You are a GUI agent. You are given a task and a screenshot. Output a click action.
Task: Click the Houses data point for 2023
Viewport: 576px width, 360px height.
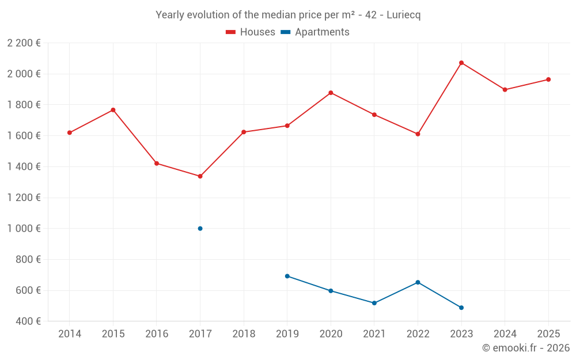tap(461, 63)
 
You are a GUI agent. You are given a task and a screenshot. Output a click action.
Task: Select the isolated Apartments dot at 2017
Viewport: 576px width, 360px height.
tap(200, 229)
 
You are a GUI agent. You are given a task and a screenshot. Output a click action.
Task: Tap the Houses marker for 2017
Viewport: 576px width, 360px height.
tap(200, 176)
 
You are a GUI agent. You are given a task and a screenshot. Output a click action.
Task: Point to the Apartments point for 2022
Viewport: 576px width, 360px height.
tap(418, 282)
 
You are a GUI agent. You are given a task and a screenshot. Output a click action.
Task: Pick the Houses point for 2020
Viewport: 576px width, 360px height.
tap(331, 93)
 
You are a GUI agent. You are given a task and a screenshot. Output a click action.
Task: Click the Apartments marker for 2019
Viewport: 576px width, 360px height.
tap(287, 276)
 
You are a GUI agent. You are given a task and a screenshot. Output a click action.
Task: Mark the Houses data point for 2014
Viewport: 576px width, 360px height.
tap(70, 132)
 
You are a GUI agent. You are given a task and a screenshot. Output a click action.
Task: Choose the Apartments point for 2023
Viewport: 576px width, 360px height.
tap(461, 308)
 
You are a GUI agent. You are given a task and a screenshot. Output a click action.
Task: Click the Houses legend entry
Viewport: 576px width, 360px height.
tap(251, 32)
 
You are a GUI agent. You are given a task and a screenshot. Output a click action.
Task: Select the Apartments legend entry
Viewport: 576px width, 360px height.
tap(315, 32)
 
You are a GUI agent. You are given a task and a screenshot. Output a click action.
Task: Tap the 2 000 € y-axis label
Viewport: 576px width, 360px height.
tap(24, 74)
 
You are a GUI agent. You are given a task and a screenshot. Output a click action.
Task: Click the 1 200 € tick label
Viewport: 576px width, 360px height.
tap(24, 198)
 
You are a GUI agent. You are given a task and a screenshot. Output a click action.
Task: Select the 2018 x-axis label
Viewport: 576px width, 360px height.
tap(244, 334)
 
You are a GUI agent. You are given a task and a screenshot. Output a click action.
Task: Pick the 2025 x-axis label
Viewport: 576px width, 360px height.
tap(548, 334)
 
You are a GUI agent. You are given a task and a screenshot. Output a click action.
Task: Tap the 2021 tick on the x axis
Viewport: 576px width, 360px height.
tap(374, 334)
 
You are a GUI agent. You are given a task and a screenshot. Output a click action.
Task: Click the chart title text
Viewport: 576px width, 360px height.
tap(288, 15)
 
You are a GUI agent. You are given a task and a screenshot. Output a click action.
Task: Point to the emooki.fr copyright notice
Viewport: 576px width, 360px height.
tap(526, 348)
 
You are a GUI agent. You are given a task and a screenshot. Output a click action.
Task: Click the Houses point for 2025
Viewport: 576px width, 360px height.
tap(548, 79)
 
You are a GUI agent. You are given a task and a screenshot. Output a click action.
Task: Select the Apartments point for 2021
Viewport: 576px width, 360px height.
tap(374, 303)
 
